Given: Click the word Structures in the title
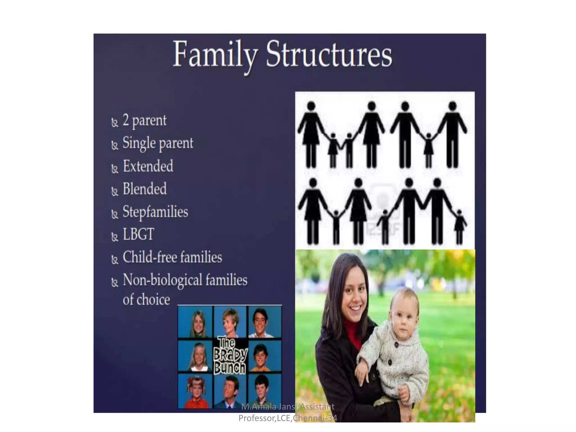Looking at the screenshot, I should click(329, 54).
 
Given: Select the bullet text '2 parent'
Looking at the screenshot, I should click(145, 121).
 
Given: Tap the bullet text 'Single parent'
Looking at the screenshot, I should click(158, 143).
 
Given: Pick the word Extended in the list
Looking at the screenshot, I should click(148, 166).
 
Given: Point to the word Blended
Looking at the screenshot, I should click(145, 189).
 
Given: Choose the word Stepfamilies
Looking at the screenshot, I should click(155, 211).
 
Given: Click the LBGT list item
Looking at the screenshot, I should click(138, 234).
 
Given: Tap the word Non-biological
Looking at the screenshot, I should click(163, 280).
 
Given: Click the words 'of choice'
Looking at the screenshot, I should click(146, 299).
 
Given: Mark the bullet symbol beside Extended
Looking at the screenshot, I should click(114, 168).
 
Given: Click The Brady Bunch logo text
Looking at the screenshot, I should click(230, 356).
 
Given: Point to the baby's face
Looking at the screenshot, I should click(403, 319).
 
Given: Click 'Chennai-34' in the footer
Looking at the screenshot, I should click(315, 418).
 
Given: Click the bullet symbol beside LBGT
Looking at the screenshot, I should click(114, 237).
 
